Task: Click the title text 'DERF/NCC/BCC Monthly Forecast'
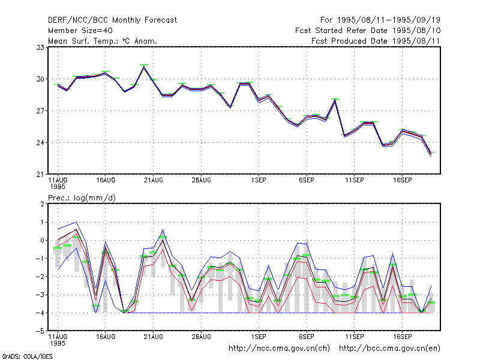click(112, 20)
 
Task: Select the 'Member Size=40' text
click(80, 31)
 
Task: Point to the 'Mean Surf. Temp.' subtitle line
click(103, 41)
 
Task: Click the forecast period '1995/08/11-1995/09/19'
click(389, 20)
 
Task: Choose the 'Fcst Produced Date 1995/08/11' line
click(376, 41)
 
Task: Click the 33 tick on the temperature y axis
click(40, 47)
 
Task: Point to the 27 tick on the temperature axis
click(40, 111)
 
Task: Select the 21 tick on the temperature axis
click(40, 175)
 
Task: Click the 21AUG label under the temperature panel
click(154, 181)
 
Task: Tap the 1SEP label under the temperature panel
click(259, 181)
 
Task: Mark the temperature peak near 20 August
click(144, 66)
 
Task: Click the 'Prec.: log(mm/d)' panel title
click(82, 198)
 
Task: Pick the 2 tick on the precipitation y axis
click(42, 204)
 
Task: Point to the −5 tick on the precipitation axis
click(40, 331)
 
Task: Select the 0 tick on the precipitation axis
click(42, 241)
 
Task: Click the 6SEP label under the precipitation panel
click(307, 337)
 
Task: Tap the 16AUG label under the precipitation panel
click(106, 337)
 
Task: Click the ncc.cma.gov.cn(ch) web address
click(279, 349)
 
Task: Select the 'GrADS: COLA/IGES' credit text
click(27, 356)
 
